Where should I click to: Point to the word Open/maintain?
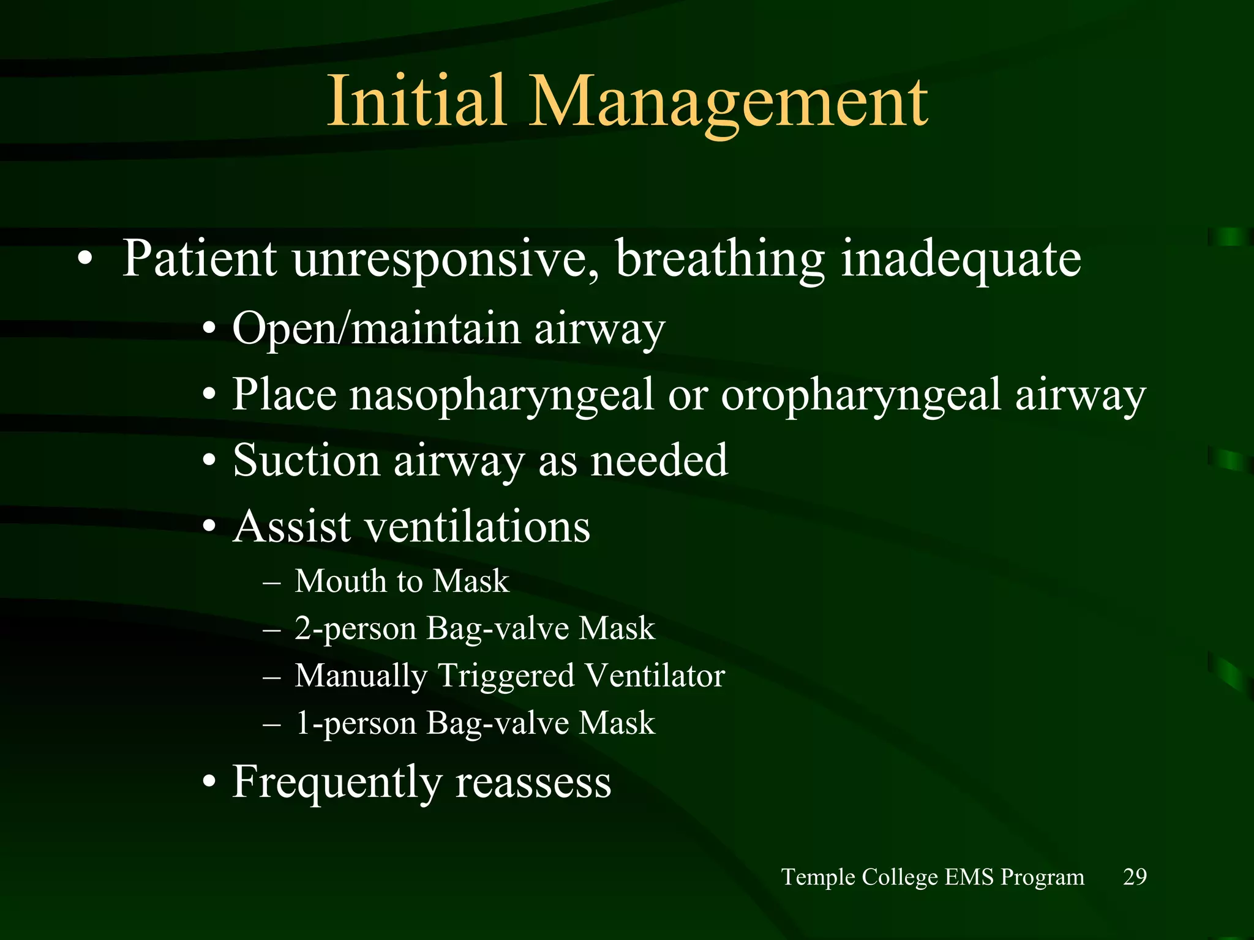coord(377,329)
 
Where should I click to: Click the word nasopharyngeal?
coord(502,395)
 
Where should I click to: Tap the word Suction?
coord(306,460)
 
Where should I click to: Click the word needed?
coord(659,460)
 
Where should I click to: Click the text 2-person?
coord(355,629)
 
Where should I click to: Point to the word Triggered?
coord(506,676)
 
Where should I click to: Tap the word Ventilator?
coord(654,676)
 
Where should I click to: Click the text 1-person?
coord(355,723)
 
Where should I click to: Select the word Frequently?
coord(337,782)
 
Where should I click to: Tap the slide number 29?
coord(1135,877)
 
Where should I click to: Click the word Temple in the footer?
coord(819,878)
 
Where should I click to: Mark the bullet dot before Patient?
coord(85,259)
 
